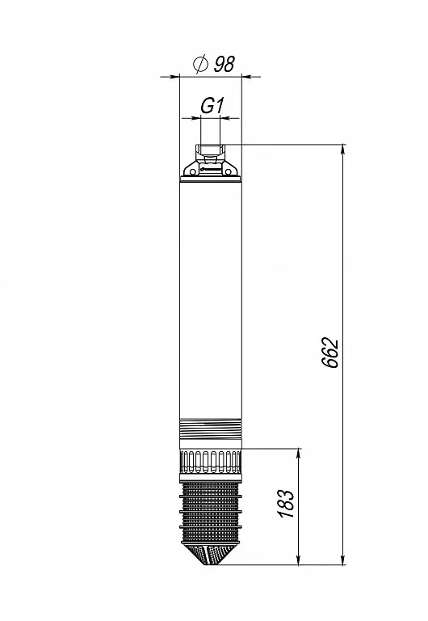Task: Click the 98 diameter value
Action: coord(224,64)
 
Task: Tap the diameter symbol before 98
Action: coord(200,64)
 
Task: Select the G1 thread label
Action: coord(212,106)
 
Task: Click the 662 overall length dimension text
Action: coord(330,353)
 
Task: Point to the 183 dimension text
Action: coord(287,504)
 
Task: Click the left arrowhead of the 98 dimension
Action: coord(174,77)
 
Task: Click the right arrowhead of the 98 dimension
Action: coord(246,77)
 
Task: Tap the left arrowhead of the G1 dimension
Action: coord(195,117)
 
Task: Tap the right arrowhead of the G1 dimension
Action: coord(224,117)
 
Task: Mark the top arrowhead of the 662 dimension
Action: coord(342,150)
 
